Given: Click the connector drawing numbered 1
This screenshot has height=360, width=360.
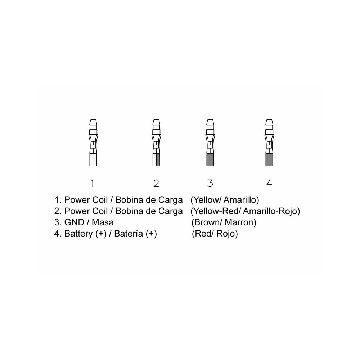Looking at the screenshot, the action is [x=93, y=142].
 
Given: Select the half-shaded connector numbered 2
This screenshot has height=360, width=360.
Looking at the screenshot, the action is [x=156, y=142].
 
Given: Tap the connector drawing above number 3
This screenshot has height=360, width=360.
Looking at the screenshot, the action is [x=210, y=142].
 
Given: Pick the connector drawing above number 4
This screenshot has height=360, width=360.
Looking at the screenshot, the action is [x=269, y=142].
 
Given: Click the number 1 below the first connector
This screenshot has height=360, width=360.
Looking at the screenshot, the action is [x=92, y=184].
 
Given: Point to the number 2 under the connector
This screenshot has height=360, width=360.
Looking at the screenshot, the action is [x=156, y=184].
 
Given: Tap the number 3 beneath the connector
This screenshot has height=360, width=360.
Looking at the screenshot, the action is [x=210, y=184].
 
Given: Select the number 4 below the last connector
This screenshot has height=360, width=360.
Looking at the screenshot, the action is [x=269, y=184].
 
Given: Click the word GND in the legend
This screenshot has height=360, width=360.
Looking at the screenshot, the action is [x=74, y=222].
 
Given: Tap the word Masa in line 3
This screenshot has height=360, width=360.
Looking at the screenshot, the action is [x=103, y=222].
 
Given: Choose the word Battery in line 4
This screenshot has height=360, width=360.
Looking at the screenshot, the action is [x=78, y=234].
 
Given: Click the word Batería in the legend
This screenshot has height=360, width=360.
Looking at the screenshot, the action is [x=129, y=234].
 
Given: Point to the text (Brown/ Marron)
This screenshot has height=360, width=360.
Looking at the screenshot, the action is [x=224, y=222].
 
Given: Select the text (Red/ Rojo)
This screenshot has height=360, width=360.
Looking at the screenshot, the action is [x=215, y=234].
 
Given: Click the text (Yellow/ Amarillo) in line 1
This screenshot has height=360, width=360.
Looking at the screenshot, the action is [x=225, y=200].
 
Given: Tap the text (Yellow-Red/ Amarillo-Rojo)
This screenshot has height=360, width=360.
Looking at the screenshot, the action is [x=245, y=211].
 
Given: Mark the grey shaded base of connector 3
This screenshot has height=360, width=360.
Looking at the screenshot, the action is [x=210, y=160].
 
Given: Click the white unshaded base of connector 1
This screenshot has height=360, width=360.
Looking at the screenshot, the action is [x=93, y=160].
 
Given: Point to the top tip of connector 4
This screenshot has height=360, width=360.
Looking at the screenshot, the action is [x=269, y=119].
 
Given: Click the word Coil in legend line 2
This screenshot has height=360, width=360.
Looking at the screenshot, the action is [x=100, y=211].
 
